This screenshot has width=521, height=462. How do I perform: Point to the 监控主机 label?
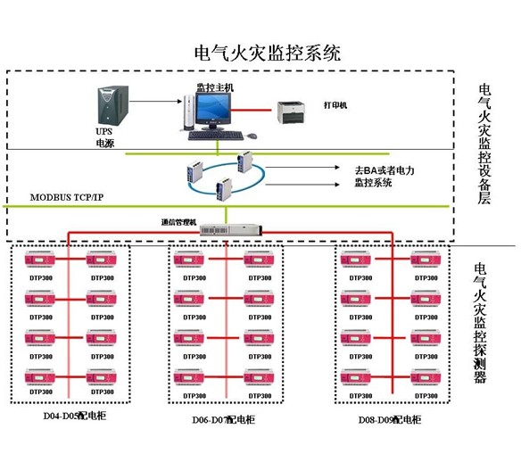click(214, 87)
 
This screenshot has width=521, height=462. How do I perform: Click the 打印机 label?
click(335, 104)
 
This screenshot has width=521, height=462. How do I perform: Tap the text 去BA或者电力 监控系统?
click(385, 175)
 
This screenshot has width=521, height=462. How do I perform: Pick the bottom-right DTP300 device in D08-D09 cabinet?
click(427, 378)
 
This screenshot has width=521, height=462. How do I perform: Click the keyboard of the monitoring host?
click(217, 136)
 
